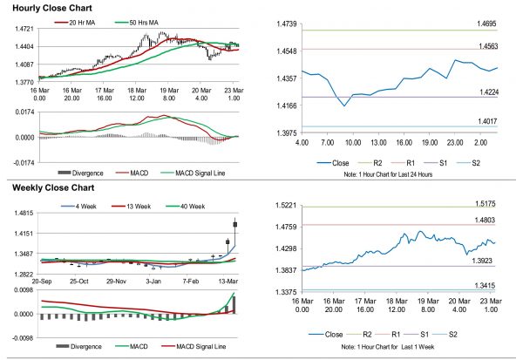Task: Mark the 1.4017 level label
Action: click(486, 122)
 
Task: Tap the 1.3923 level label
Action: click(486, 261)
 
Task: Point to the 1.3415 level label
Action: click(486, 284)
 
